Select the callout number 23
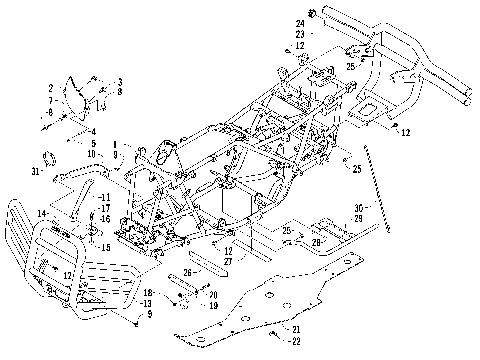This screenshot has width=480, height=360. (x=299, y=34)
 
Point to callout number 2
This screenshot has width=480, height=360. (x=50, y=89)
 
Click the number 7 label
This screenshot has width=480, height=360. (x=50, y=101)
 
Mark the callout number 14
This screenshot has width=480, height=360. (x=43, y=213)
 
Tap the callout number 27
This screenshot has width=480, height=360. (x=228, y=260)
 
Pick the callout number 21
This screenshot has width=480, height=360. (x=296, y=329)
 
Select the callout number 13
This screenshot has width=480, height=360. (x=147, y=303)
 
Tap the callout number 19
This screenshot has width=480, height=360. (x=212, y=306)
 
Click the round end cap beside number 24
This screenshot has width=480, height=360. (x=313, y=14)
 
